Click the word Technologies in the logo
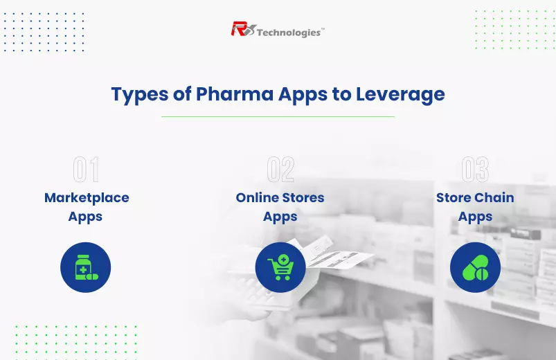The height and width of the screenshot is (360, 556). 289,33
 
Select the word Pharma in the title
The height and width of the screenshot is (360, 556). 235,94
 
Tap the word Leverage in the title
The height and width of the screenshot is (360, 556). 400,95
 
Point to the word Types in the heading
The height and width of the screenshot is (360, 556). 140,95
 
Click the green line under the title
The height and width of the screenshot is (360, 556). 278,116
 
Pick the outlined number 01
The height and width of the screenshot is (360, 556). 86,170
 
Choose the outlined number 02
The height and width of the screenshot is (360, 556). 280,170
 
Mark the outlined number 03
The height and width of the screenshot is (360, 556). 475,170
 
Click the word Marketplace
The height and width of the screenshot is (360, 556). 87,198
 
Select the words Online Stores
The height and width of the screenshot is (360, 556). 280,197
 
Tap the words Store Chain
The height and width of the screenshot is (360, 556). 475,197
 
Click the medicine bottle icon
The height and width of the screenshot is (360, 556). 85,267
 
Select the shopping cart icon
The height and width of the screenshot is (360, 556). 280,267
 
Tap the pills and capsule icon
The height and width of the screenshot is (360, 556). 475,267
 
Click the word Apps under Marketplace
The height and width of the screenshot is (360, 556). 85,217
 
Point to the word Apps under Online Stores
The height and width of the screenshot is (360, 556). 280,217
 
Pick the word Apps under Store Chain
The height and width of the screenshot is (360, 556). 475,217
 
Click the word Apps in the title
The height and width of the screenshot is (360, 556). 303,95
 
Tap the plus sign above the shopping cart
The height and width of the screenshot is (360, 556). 283,260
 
